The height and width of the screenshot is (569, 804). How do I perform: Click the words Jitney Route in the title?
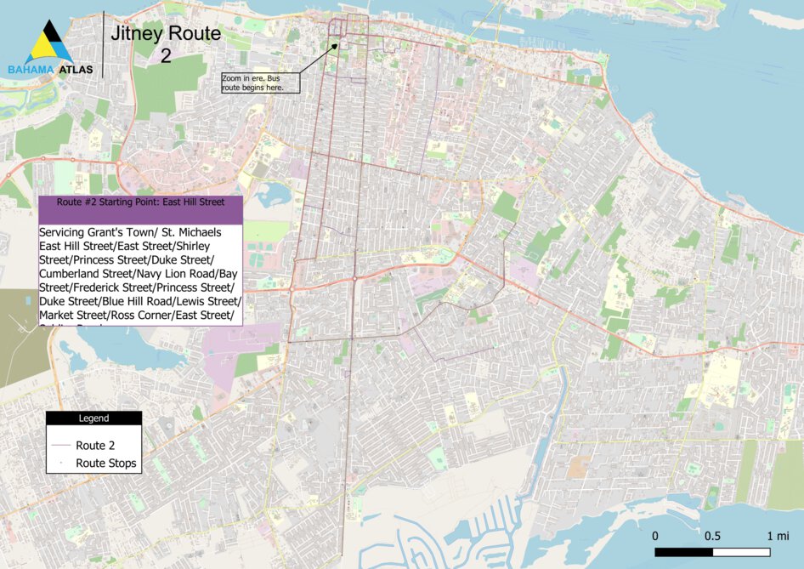pyautogui.click(x=165, y=34)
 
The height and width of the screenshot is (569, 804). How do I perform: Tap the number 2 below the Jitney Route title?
pyautogui.click(x=165, y=56)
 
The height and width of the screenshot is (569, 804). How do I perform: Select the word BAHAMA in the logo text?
pyautogui.click(x=31, y=70)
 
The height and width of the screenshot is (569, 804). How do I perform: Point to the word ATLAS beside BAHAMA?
pyautogui.click(x=76, y=70)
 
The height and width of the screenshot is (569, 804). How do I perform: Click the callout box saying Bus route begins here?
pyautogui.click(x=260, y=83)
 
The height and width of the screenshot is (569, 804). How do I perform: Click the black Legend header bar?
pyautogui.click(x=93, y=418)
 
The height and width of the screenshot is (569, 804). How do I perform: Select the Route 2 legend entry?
pyautogui.click(x=94, y=445)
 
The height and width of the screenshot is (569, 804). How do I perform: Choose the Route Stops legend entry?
pyautogui.click(x=105, y=464)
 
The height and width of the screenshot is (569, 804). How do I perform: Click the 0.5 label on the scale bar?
pyautogui.click(x=712, y=536)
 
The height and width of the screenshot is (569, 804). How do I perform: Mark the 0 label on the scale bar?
pyautogui.click(x=655, y=536)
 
